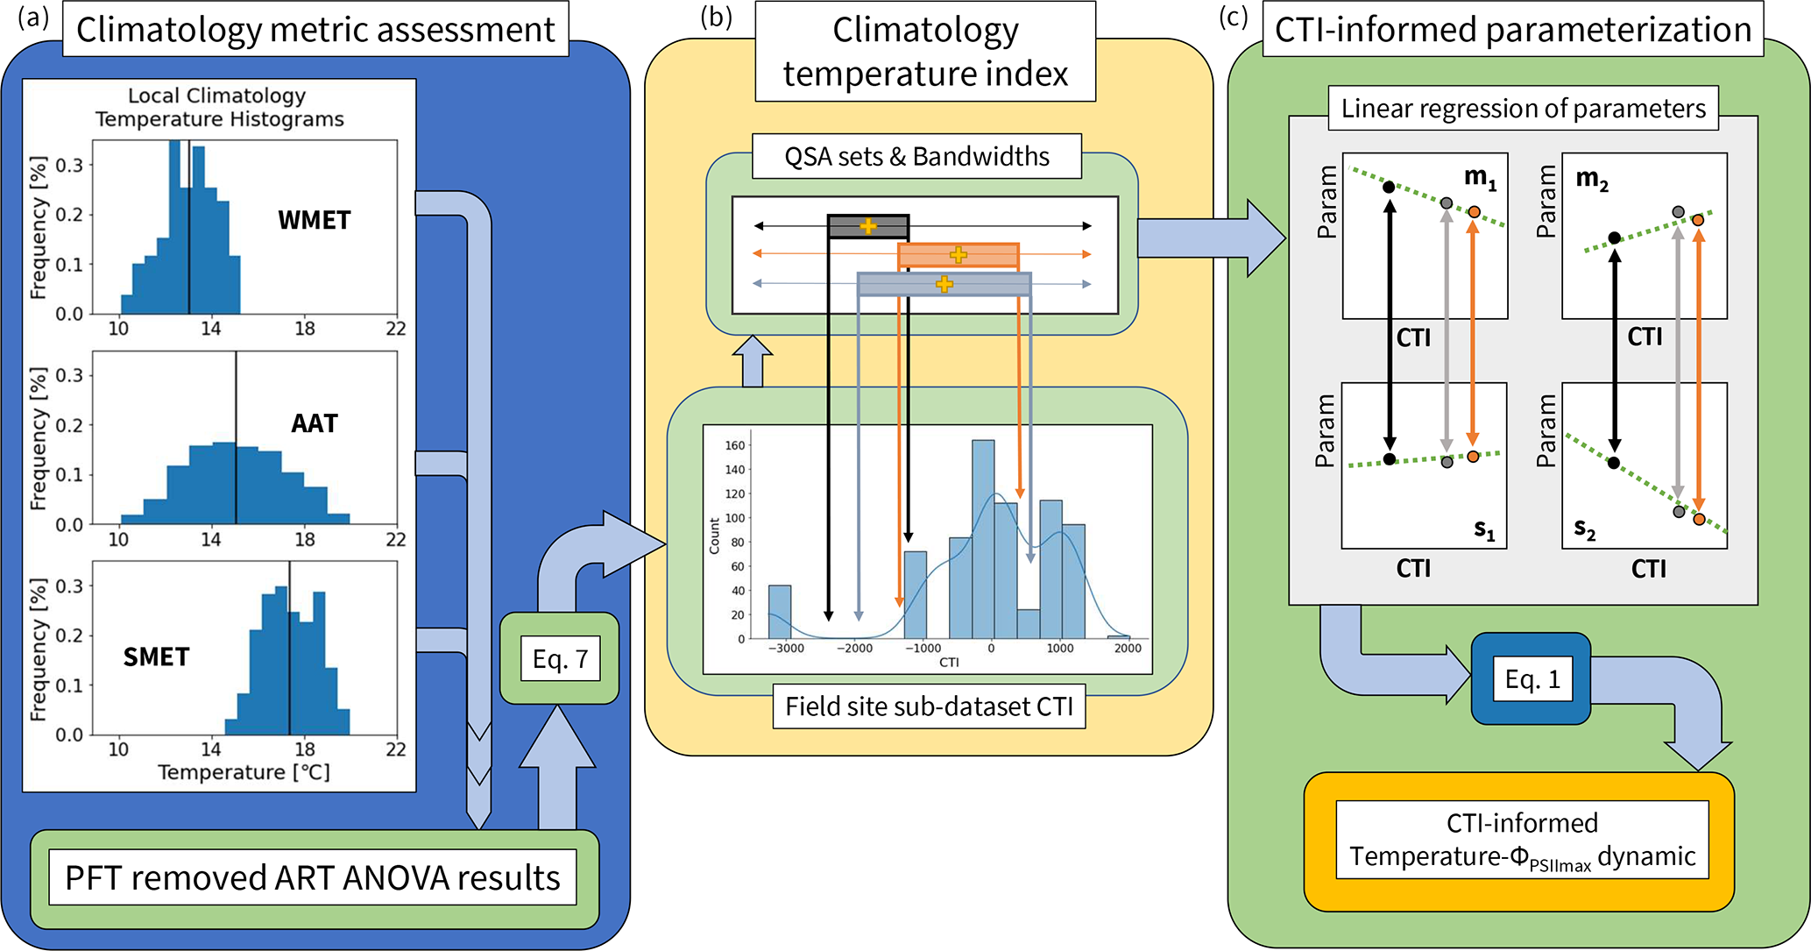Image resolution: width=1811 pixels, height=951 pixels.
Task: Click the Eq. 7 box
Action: (560, 659)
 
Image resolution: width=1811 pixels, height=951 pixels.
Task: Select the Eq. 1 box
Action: (1532, 680)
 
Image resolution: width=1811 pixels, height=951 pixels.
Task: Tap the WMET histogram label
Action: (315, 220)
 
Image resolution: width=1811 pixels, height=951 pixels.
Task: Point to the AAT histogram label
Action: (315, 424)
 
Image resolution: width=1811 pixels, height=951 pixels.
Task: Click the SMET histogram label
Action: (156, 657)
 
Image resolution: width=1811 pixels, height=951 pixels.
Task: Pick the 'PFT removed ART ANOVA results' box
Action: (313, 878)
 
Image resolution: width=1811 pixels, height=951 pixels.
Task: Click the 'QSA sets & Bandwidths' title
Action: (916, 157)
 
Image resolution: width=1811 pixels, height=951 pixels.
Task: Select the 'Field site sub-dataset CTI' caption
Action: (929, 706)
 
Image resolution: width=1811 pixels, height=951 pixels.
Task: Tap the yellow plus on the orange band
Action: (959, 255)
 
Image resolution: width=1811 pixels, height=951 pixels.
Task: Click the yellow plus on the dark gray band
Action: (868, 226)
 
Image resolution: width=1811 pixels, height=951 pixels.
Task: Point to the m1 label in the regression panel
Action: (1481, 178)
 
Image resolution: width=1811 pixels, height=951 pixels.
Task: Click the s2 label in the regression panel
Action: (1585, 528)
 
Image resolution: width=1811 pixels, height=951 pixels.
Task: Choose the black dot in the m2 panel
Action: (1615, 238)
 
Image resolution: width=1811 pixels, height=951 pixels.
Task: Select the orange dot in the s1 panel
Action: (1473, 457)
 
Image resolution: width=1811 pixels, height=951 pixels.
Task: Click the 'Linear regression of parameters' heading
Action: (1523, 109)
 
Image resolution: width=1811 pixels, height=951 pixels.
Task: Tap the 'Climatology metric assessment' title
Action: (315, 30)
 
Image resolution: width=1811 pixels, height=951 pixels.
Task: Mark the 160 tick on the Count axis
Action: (735, 445)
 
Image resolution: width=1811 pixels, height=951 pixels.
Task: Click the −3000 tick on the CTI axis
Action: (785, 649)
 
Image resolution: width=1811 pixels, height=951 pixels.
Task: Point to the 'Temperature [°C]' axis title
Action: (244, 772)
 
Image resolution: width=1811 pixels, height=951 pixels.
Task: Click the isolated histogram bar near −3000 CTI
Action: (780, 612)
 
